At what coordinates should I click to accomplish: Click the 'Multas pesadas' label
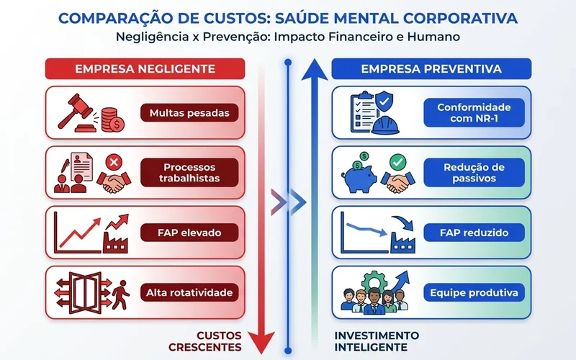(189, 113)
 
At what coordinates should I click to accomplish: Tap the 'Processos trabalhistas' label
(189, 173)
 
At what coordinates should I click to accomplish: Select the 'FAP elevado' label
(189, 233)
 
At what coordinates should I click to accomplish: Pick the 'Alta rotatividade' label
(189, 292)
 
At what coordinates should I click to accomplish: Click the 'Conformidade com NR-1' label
(474, 113)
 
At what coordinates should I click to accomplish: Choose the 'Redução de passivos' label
(474, 173)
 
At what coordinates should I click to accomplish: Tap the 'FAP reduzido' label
(474, 233)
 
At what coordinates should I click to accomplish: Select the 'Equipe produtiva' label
(474, 292)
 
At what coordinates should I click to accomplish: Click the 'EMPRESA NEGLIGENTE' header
(145, 68)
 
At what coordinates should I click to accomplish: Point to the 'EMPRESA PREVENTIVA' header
(431, 68)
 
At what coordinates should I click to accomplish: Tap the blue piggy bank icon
(359, 177)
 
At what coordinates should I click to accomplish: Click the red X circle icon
(114, 161)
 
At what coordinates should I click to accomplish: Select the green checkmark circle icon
(398, 161)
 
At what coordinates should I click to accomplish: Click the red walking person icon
(121, 294)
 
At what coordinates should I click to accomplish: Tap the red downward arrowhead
(261, 341)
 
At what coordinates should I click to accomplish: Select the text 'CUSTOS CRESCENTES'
(205, 341)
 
